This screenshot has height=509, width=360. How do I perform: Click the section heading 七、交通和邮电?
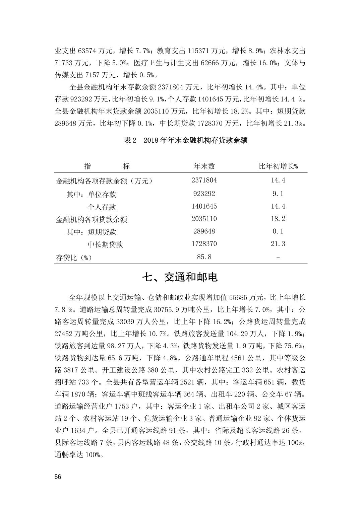point(180,277)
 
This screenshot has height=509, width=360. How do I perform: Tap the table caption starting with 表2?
point(186,140)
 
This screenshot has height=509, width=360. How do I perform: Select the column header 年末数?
point(204,166)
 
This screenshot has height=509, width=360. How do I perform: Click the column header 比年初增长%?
point(278,166)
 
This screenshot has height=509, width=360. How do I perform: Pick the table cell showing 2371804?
point(204,180)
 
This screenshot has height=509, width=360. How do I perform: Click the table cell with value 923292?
point(204,194)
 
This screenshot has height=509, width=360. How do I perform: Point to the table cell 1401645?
point(204,206)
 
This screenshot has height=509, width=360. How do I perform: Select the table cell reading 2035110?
point(204,219)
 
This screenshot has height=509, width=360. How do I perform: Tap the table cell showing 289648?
point(204,231)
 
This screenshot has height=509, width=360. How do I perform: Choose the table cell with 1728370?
point(204,244)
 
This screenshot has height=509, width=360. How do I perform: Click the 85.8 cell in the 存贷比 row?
point(204,257)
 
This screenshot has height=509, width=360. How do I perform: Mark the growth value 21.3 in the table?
point(278,244)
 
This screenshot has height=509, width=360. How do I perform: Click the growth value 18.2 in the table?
point(278,219)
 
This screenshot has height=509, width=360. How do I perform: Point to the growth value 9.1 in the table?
point(278,194)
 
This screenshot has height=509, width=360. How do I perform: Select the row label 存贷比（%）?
point(74,258)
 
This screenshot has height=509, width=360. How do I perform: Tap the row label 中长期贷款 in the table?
point(105,245)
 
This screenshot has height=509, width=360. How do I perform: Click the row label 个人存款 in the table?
point(102,207)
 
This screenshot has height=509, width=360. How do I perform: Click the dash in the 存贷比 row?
point(278,258)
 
